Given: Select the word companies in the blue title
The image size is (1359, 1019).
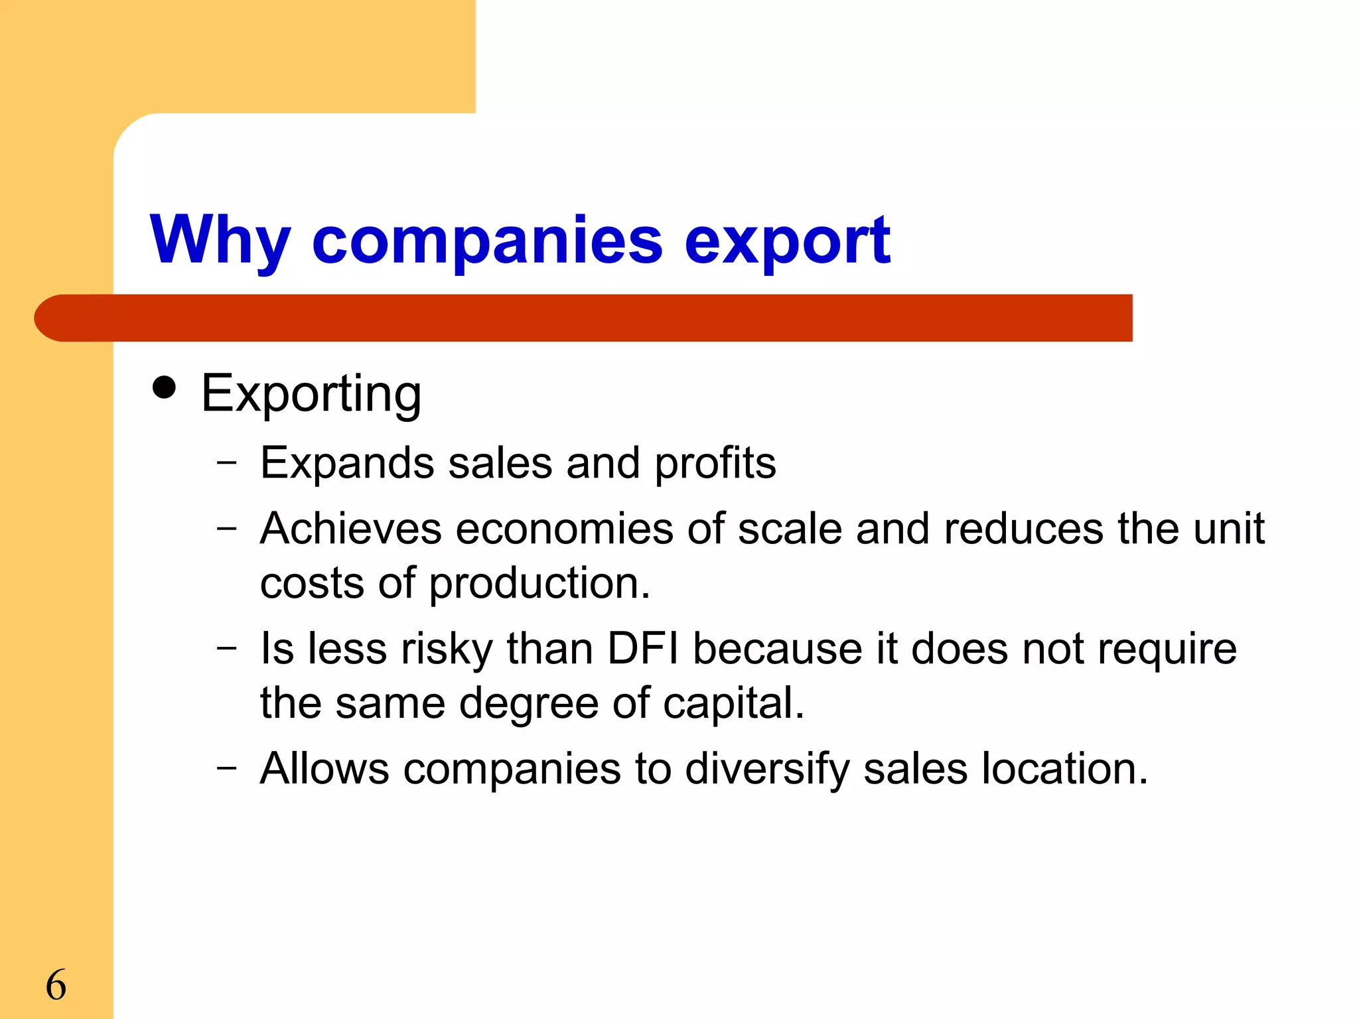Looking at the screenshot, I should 487,240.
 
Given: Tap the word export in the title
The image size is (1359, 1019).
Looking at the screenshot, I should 787,240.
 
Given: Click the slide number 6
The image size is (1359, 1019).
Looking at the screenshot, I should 56,985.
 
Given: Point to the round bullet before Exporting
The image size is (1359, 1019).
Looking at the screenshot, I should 164,387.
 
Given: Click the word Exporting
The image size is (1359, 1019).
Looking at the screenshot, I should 311,394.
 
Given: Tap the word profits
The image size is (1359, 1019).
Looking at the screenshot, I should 715,463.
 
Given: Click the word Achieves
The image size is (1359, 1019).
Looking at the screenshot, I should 351,529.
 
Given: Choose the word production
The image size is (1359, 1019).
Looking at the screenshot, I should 538,584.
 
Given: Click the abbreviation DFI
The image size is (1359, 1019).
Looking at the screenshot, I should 643,649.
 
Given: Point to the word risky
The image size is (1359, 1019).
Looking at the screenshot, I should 447,649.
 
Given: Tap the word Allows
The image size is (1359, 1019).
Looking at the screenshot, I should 324,770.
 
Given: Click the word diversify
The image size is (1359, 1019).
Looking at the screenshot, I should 767,770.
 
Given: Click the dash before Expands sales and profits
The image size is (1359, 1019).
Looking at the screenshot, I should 226,462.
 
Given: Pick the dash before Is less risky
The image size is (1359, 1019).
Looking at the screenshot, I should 226,647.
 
